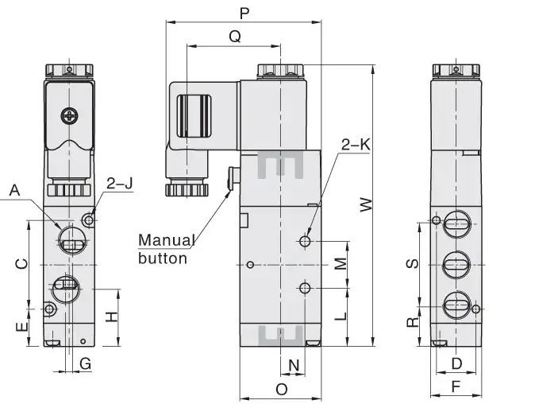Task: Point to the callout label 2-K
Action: coord(355,145)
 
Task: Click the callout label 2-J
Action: coord(120,184)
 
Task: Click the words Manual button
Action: coord(166,248)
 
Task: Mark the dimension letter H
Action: coord(112,316)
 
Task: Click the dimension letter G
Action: coord(86,364)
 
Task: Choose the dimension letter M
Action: coord(340,263)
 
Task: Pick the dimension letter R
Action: coord(412,322)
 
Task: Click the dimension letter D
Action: coord(456,364)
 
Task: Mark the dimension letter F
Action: coord(456,387)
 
